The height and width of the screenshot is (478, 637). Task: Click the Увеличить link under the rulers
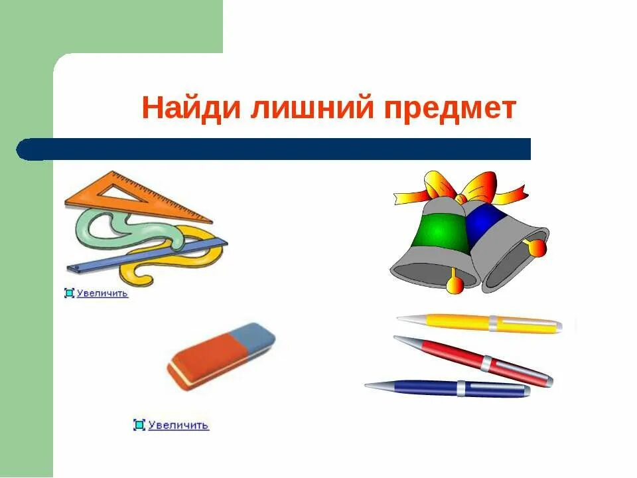[102, 293]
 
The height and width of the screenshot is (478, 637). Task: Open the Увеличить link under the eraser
[178, 425]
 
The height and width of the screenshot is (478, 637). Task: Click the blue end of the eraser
[255, 336]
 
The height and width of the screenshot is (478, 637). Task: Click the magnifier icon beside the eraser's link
[139, 425]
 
